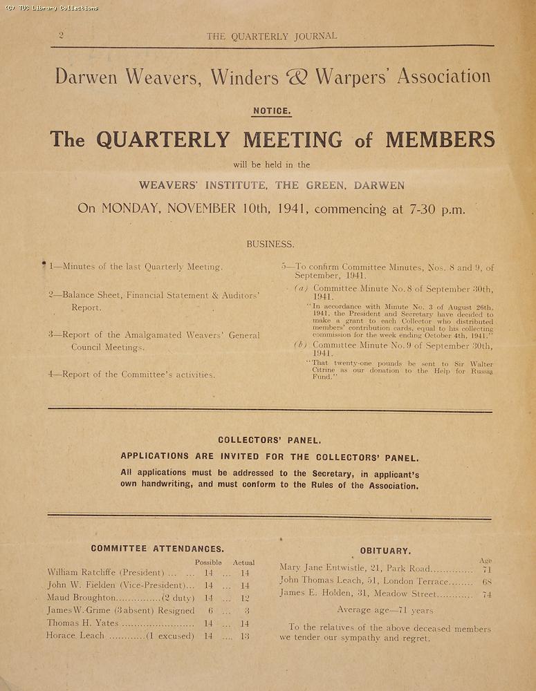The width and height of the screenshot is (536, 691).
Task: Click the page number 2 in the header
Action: point(62,35)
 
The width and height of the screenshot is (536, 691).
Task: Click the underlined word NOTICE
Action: point(272,111)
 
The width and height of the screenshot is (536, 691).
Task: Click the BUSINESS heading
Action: point(270,244)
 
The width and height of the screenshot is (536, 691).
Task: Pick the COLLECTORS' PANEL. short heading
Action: point(269,439)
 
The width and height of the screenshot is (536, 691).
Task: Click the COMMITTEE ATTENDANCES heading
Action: point(157,549)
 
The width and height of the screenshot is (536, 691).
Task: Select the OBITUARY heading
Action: point(385,551)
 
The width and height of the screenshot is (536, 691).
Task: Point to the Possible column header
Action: point(208,562)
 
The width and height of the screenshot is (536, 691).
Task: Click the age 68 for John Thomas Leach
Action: point(487,581)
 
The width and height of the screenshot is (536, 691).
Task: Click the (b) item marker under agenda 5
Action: point(300,344)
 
